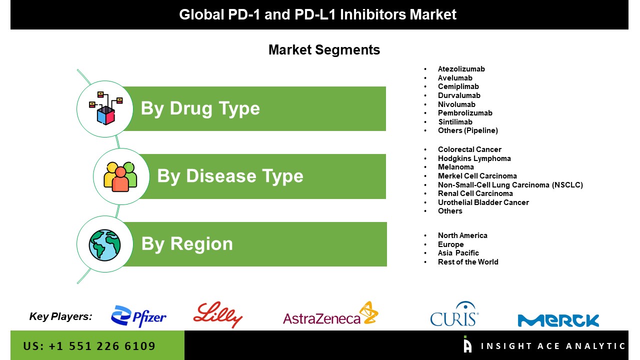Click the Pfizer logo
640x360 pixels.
(x=138, y=316)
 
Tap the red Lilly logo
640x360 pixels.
(x=217, y=314)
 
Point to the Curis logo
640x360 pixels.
(x=454, y=313)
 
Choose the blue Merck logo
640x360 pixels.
(x=558, y=320)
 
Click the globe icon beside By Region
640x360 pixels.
(x=104, y=245)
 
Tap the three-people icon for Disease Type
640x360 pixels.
(x=120, y=176)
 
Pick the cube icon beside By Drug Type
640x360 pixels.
(x=105, y=108)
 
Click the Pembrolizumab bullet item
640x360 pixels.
(x=465, y=113)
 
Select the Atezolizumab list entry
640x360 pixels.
(x=461, y=69)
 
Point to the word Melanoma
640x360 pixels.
(x=456, y=167)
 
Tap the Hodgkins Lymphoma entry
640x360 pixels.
(x=474, y=158)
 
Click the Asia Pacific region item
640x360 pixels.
(x=458, y=253)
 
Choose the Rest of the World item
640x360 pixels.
(x=468, y=262)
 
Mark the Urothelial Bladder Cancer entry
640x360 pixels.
(x=483, y=202)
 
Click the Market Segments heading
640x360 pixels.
(x=324, y=50)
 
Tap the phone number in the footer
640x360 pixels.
(x=89, y=346)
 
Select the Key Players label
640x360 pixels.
(x=60, y=316)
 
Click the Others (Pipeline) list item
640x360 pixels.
(x=468, y=130)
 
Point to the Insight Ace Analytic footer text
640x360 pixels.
(x=553, y=346)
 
